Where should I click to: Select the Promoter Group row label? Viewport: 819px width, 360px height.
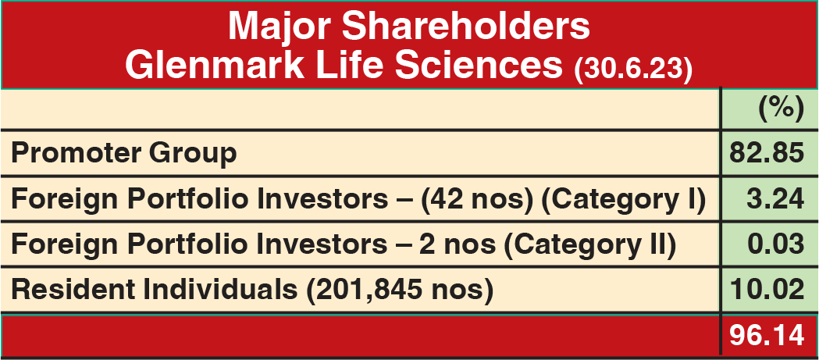click(x=124, y=155)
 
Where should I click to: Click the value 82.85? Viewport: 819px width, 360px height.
click(x=767, y=154)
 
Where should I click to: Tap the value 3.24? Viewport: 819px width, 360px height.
click(x=775, y=199)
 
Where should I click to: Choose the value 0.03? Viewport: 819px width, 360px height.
click(x=775, y=244)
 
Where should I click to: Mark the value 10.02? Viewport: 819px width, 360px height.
click(x=767, y=290)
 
